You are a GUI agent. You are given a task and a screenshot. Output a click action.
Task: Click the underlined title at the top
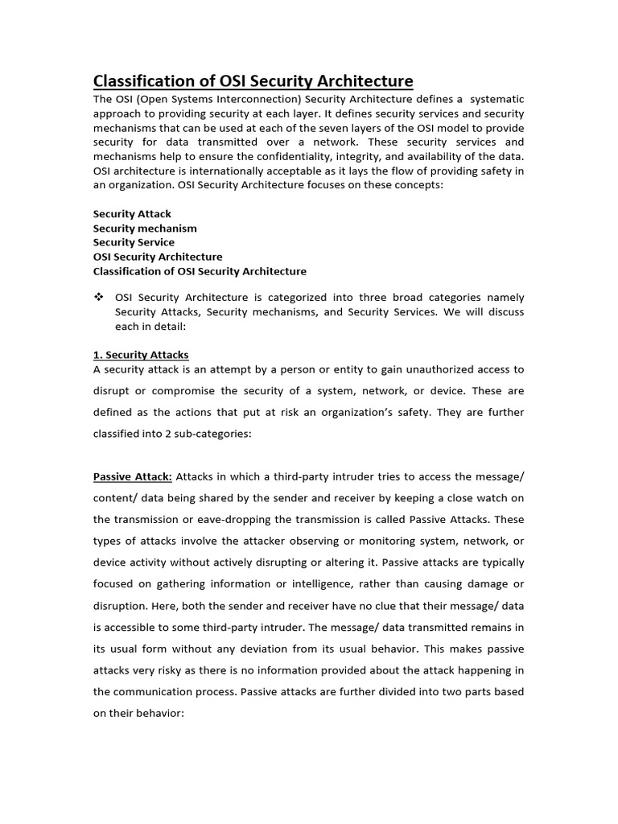[253, 81]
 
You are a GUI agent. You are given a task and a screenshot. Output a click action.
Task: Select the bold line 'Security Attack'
[132, 214]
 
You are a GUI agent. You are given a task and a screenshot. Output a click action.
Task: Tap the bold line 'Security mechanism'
[145, 229]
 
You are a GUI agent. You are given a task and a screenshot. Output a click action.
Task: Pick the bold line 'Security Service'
[134, 242]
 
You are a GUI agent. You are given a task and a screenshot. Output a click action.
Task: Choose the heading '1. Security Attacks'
[141, 355]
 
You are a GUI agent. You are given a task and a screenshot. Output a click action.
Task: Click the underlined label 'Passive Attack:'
[133, 476]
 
